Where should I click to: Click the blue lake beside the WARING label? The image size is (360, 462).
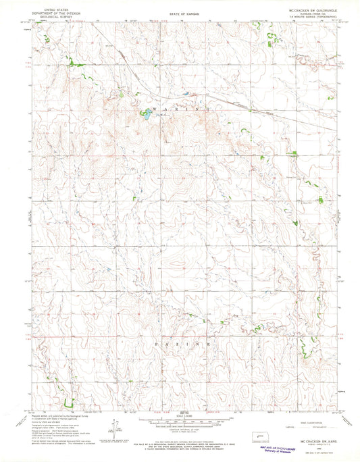[x=145, y=115]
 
